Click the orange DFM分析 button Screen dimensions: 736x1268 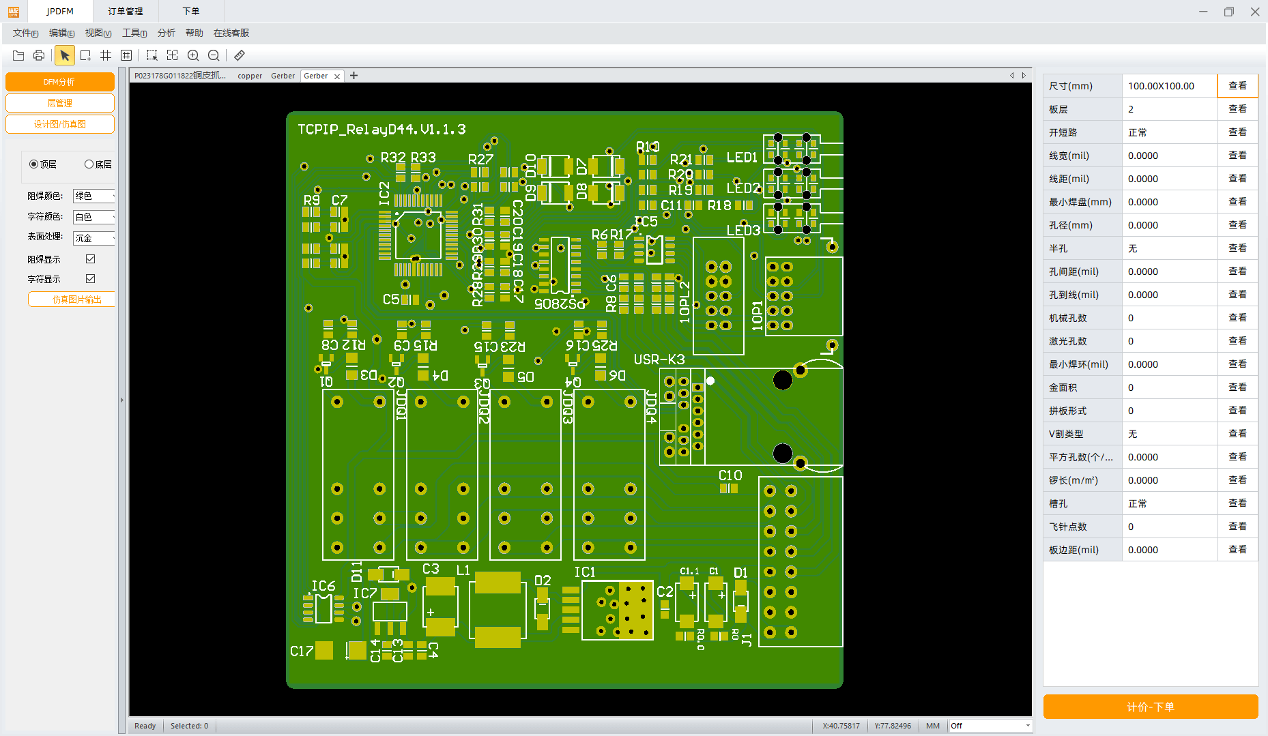[59, 82]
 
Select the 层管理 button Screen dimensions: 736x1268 [59, 103]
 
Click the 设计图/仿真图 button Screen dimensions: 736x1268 [59, 124]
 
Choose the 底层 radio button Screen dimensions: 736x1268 [89, 164]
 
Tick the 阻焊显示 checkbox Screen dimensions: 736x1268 [90, 259]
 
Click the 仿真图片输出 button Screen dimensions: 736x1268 [71, 299]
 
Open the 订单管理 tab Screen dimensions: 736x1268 [126, 11]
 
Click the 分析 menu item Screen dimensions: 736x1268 [166, 33]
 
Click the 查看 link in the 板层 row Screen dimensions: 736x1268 [1237, 109]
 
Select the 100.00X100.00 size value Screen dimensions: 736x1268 [1161, 86]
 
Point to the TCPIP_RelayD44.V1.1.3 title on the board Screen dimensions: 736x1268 [381, 129]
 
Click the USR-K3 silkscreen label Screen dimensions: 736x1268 [659, 359]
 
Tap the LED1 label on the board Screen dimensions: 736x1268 [742, 158]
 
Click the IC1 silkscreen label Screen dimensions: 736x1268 [585, 572]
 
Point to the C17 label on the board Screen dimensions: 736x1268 [301, 651]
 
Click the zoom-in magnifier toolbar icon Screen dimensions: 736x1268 [193, 55]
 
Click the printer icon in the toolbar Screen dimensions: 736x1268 [39, 55]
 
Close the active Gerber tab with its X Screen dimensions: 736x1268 [337, 76]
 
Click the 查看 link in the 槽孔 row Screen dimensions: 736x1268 [1237, 503]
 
